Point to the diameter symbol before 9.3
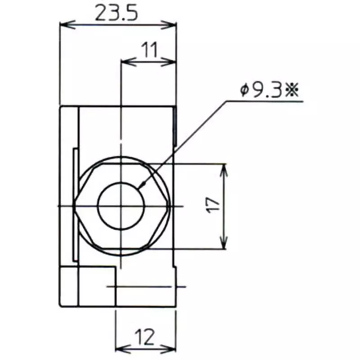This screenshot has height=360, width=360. (244, 91)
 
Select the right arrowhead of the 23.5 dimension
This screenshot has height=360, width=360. (171, 24)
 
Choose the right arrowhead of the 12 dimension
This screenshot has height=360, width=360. (171, 348)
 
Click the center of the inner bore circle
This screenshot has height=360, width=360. (121, 206)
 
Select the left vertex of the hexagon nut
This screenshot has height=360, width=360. (75, 206)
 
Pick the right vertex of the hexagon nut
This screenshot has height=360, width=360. (170, 206)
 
